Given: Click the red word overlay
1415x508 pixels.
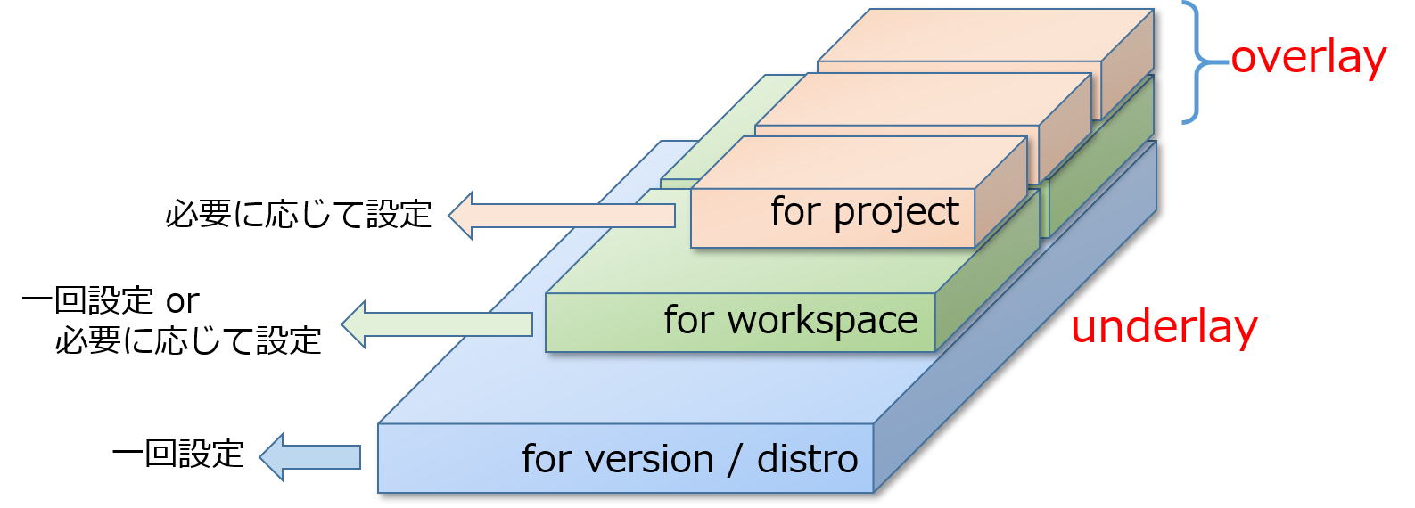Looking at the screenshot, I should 1308,59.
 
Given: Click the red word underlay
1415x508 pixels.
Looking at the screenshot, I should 1164,328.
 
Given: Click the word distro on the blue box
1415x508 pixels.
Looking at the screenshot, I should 807,460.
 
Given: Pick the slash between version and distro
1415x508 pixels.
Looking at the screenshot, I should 735,460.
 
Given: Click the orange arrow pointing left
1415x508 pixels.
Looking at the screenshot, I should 562,215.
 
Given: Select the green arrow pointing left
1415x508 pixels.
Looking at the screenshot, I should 437,324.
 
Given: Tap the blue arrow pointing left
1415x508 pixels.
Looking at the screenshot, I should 310,457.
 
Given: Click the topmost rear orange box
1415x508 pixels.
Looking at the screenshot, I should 981,36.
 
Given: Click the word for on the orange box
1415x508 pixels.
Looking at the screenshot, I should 796,212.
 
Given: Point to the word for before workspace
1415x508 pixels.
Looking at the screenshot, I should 689,321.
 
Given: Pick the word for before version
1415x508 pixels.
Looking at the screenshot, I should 547,460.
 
